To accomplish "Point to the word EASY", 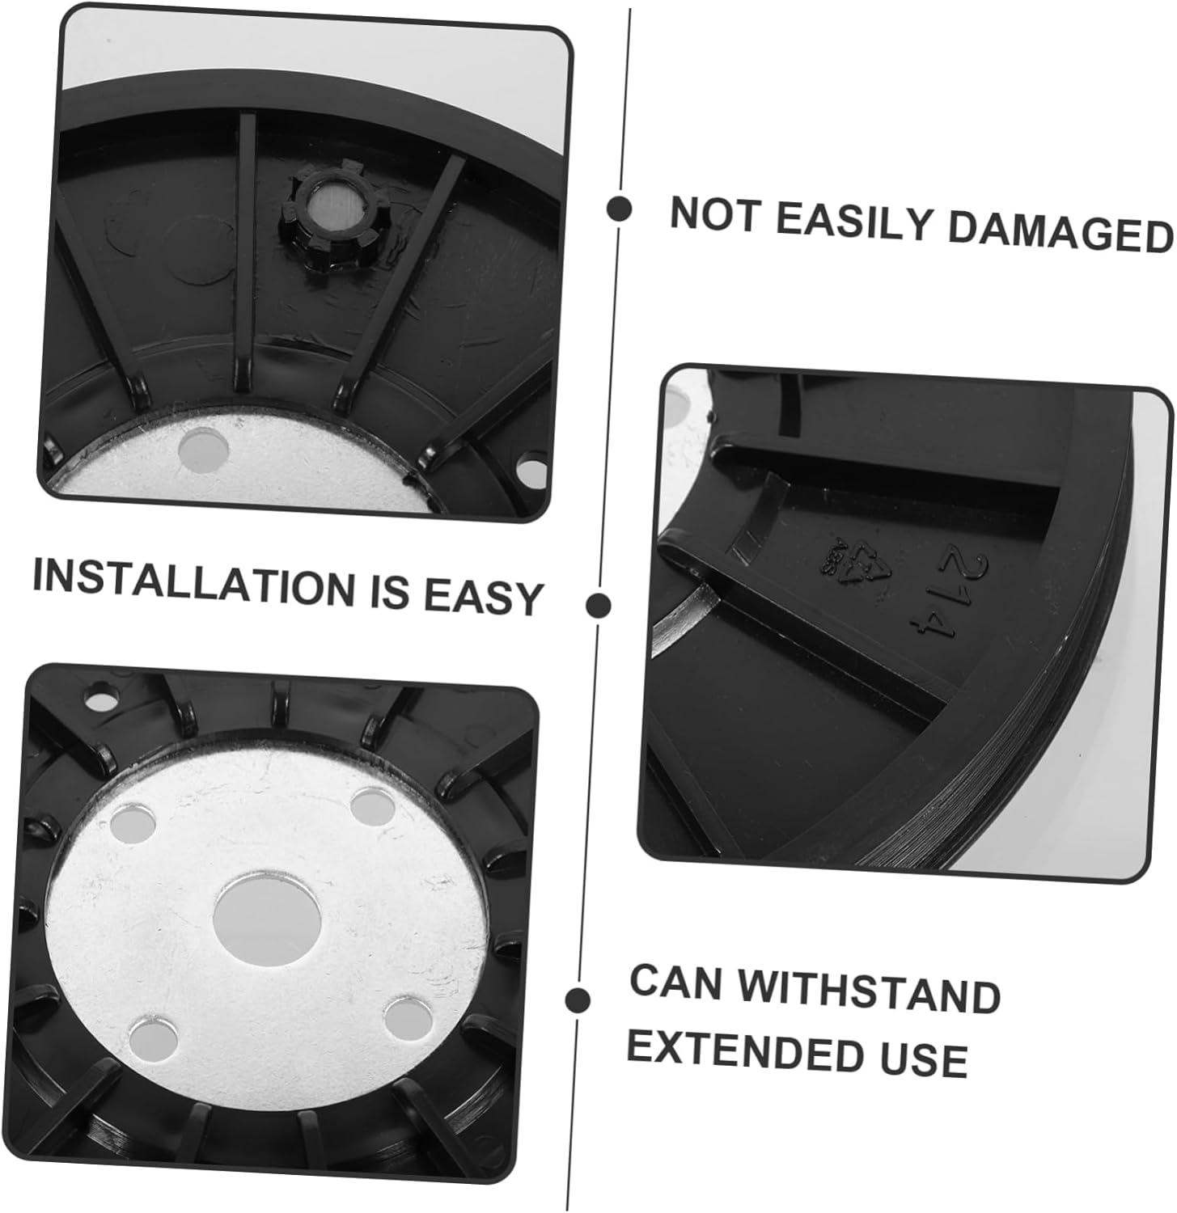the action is coord(482,597).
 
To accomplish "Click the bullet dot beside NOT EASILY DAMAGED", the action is coord(620,209).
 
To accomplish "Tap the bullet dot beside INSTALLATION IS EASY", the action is coord(598,605).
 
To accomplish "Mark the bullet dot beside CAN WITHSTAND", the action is coord(576,1000).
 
